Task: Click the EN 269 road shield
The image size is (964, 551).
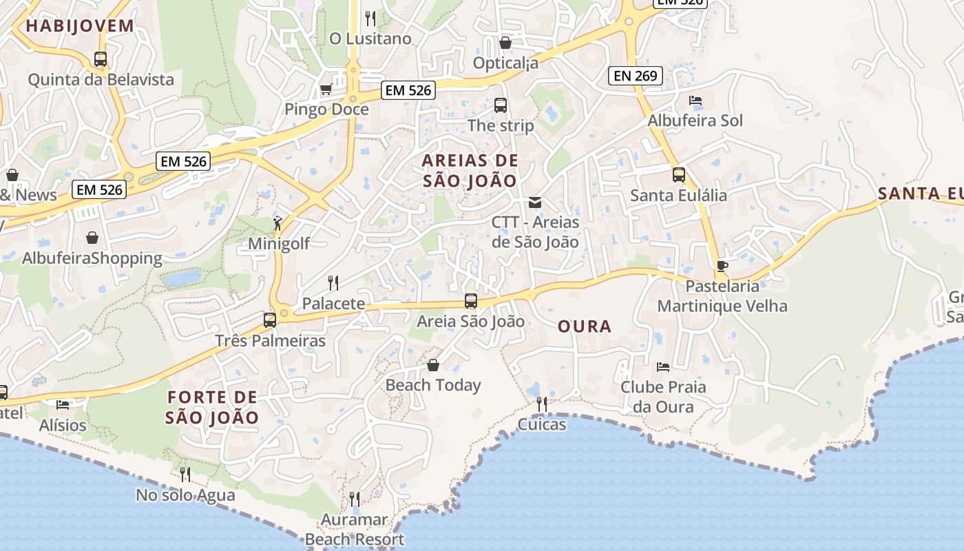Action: click(635, 76)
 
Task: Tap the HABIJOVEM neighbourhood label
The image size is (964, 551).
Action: click(80, 26)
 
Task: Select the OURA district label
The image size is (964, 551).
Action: click(585, 326)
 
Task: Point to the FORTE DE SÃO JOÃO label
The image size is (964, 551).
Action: click(212, 407)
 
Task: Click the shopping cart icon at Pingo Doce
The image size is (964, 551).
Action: click(326, 89)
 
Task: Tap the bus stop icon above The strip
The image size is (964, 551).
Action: click(501, 105)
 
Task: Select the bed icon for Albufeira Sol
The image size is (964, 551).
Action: click(695, 101)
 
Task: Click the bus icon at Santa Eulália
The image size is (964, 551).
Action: click(679, 175)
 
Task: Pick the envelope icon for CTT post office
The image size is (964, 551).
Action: click(535, 202)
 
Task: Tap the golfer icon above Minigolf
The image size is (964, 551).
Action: click(278, 222)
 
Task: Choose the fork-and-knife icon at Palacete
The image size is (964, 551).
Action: click(333, 282)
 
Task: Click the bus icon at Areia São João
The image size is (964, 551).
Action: click(471, 301)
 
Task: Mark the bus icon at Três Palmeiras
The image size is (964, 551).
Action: click(270, 320)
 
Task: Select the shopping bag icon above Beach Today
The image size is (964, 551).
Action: click(433, 364)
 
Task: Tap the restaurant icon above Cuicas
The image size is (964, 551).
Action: click(542, 404)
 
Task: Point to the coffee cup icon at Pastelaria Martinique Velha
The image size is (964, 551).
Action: click(722, 265)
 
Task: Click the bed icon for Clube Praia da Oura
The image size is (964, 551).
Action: click(663, 366)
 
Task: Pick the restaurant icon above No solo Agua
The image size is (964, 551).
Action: click(185, 474)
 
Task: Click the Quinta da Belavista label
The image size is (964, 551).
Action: click(101, 80)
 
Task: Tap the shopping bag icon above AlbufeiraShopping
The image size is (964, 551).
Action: click(92, 238)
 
